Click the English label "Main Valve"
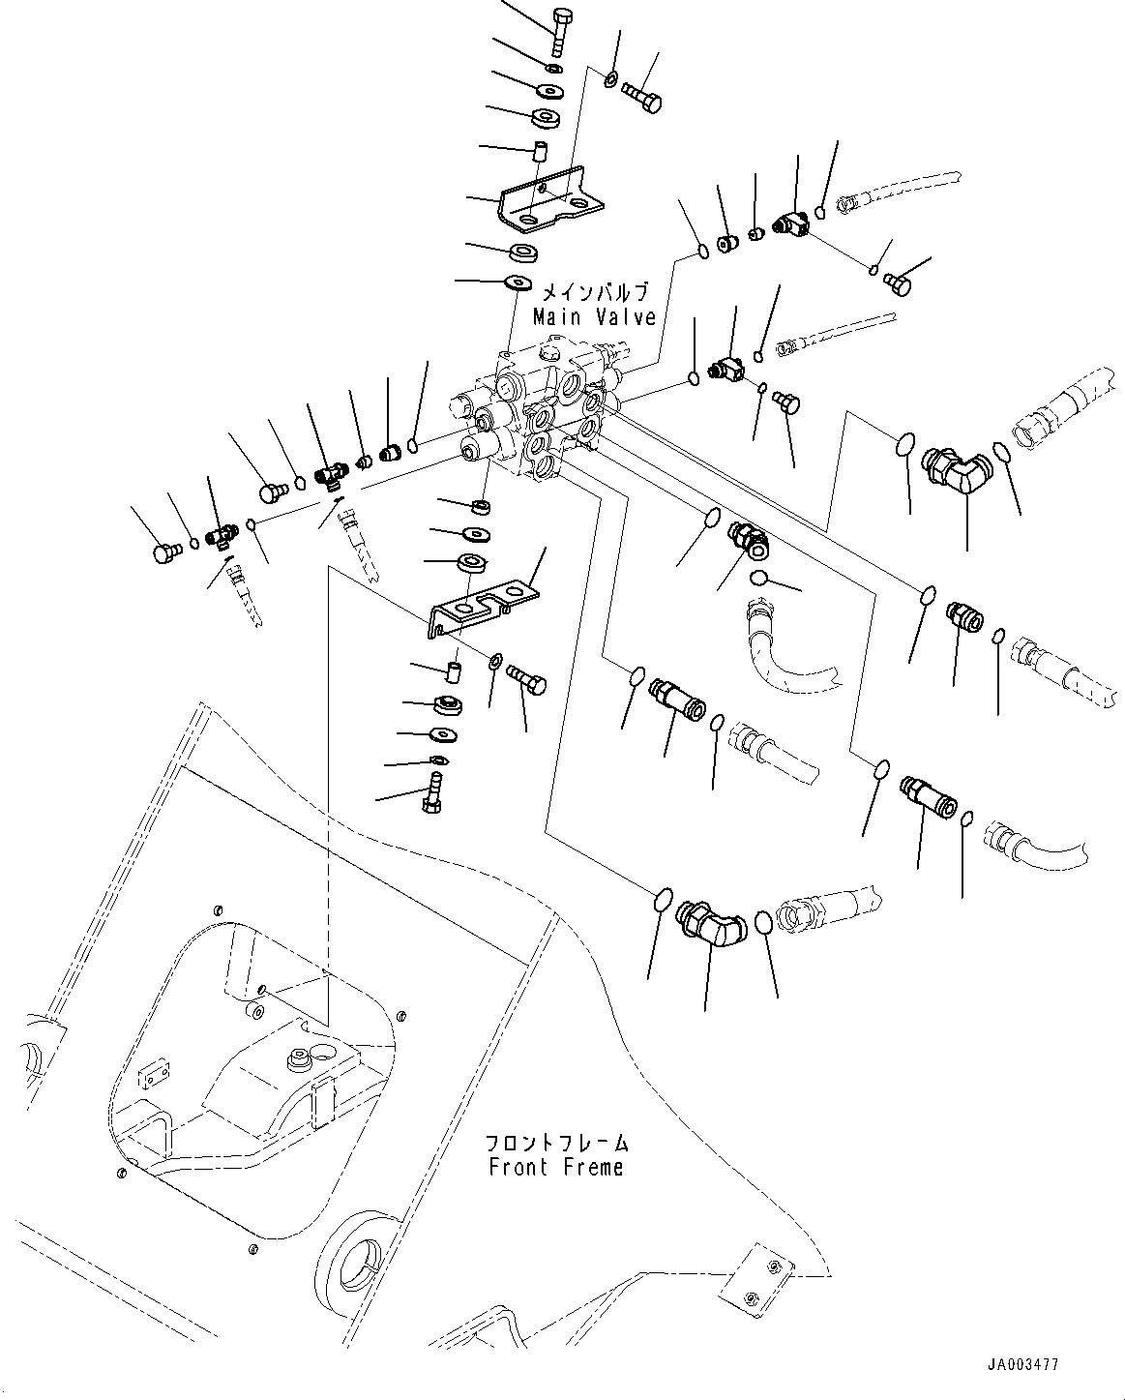[594, 316]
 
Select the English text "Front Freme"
[555, 1168]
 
